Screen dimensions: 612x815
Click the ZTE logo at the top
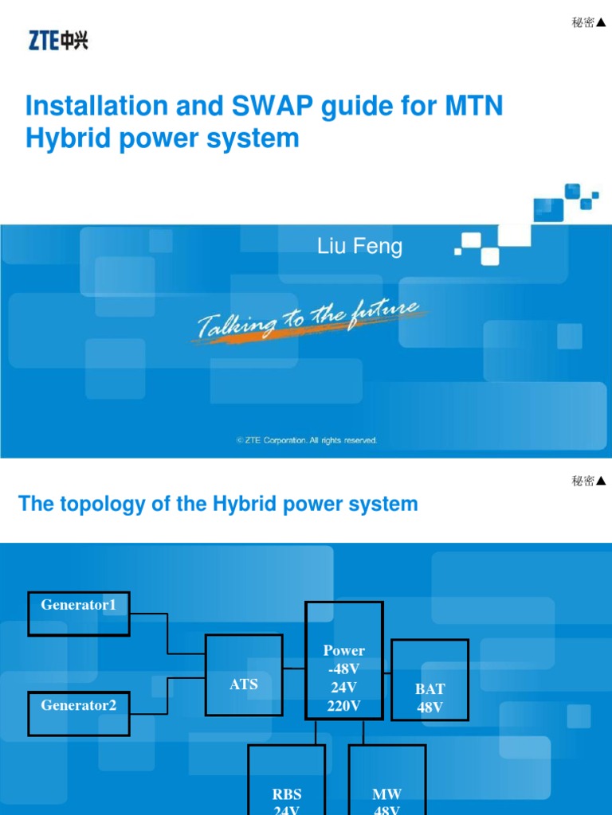click(x=58, y=41)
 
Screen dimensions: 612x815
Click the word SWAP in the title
click(x=273, y=106)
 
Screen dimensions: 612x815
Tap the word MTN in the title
click(x=473, y=106)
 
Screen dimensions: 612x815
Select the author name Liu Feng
click(x=359, y=246)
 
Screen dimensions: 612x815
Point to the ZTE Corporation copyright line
click(x=307, y=440)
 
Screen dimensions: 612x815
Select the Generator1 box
click(x=79, y=614)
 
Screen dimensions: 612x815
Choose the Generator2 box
click(x=79, y=714)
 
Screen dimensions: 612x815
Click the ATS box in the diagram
click(x=244, y=675)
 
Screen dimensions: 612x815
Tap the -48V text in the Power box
click(x=343, y=669)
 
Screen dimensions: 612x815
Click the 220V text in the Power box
click(x=343, y=705)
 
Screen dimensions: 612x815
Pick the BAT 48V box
click(x=430, y=680)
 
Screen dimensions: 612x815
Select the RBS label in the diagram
click(x=287, y=794)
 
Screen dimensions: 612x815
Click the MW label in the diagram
click(x=386, y=794)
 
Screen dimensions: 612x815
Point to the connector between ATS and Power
click(x=294, y=669)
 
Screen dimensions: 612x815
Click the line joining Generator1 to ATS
click(x=167, y=634)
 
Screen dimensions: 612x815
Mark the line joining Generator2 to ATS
click(x=167, y=696)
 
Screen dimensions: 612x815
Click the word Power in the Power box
click(x=344, y=650)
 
